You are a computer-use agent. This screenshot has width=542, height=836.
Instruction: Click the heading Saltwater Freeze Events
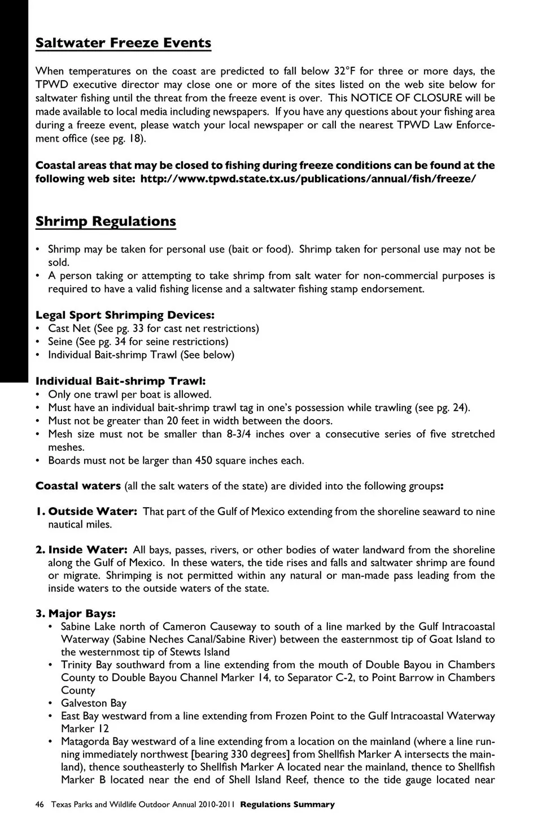pos(123,43)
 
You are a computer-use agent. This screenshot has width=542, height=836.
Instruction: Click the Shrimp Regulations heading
pos(106,221)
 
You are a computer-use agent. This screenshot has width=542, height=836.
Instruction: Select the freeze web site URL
pos(308,179)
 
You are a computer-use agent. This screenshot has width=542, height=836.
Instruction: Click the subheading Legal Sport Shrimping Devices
pos(125,315)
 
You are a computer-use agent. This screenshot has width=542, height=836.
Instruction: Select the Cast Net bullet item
pos(153,328)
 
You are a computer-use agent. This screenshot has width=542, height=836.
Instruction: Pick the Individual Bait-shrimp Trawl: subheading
pos(120,381)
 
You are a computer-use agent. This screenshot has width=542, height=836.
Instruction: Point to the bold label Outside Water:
pos(93,512)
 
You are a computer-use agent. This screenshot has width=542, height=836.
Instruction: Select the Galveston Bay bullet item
pos(94,703)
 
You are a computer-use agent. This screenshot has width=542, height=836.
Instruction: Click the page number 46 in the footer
pos(40,804)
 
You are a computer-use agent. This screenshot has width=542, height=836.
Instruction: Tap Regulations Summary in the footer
pos(287,804)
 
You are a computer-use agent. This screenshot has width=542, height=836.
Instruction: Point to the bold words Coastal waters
pos(78,486)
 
